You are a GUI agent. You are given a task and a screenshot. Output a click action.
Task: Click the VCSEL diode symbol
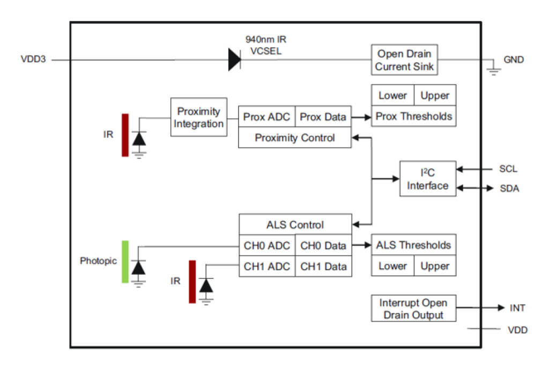pyautogui.click(x=234, y=59)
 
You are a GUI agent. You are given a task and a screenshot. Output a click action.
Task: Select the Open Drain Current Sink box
pyautogui.click(x=405, y=60)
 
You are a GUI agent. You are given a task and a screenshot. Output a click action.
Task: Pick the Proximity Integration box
pyautogui.click(x=199, y=118)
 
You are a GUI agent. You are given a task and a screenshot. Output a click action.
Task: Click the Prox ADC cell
pyautogui.click(x=266, y=116)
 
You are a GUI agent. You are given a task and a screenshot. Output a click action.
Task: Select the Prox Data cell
pyautogui.click(x=323, y=116)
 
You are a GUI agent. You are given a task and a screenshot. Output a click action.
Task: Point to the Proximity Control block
pyautogui.click(x=295, y=138)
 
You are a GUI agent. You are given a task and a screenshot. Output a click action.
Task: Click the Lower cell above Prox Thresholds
pyautogui.click(x=392, y=96)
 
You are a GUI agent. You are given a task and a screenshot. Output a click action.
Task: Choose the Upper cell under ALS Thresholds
pyautogui.click(x=435, y=266)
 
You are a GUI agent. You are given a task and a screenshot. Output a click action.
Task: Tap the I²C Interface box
pyautogui.click(x=427, y=179)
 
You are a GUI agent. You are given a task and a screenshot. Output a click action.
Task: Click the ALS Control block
pyautogui.click(x=295, y=224)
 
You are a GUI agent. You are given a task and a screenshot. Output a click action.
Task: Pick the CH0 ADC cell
pyautogui.click(x=266, y=246)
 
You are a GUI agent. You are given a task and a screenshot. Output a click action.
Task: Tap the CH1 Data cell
pyautogui.click(x=323, y=266)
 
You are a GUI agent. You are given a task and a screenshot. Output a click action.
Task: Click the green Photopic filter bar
pyautogui.click(x=125, y=262)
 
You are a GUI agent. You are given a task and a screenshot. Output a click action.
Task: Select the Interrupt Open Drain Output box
pyautogui.click(x=413, y=308)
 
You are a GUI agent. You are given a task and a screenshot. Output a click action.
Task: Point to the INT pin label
pyautogui.click(x=517, y=308)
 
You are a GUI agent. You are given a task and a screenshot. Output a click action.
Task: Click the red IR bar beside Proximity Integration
pyautogui.click(x=125, y=135)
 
